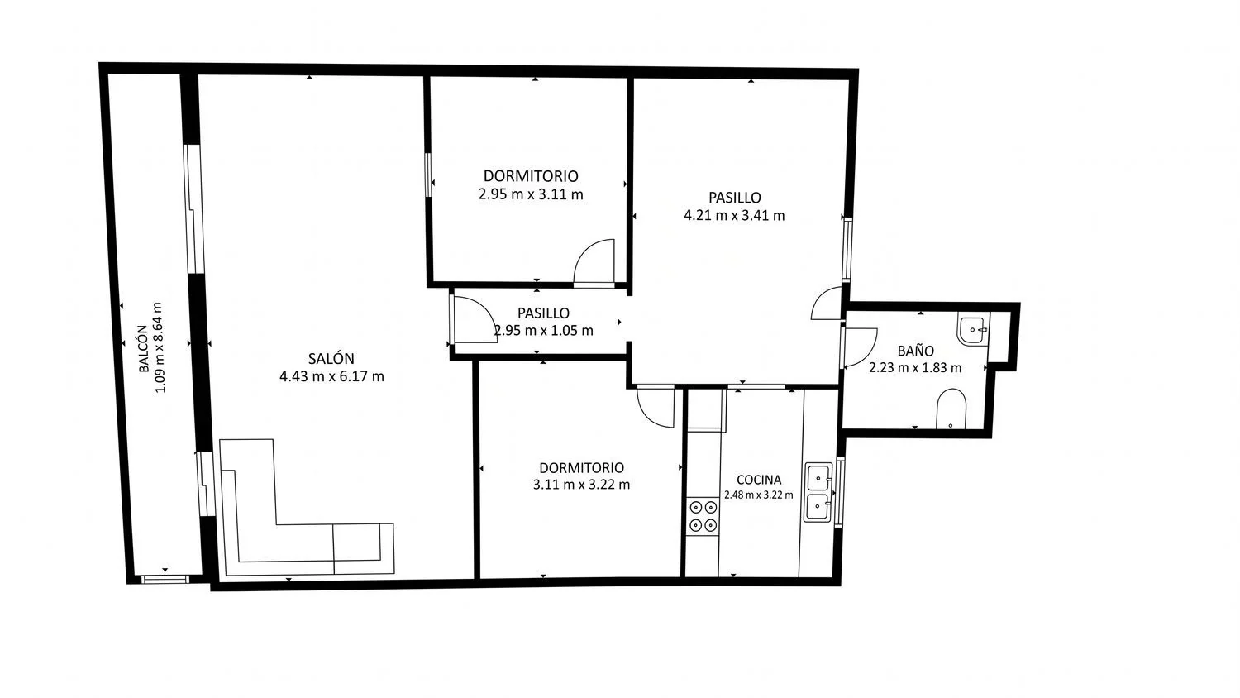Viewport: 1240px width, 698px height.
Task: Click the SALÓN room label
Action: coord(331,358)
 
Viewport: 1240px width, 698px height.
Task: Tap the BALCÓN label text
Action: coord(143,348)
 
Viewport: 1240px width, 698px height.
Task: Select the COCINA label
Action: coord(759,480)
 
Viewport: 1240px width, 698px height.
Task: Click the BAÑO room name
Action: coord(916,351)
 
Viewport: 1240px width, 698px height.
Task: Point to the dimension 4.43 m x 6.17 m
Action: coord(331,376)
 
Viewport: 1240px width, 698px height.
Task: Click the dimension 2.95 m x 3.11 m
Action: coord(531,194)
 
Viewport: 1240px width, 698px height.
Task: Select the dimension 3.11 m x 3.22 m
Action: coord(581,485)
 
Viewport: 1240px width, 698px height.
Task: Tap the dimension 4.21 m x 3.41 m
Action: coord(734,216)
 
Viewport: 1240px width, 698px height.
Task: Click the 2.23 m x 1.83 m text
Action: coord(915,368)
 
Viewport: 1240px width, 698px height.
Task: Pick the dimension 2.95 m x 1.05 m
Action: coord(544,331)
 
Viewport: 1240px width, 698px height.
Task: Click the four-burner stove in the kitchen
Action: coord(703,516)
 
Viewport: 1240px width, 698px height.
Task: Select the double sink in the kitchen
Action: coord(818,492)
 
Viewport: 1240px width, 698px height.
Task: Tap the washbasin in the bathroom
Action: coord(973,330)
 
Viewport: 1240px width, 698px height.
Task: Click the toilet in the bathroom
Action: coord(951,409)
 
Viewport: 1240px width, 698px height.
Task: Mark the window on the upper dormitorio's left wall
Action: coord(428,174)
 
